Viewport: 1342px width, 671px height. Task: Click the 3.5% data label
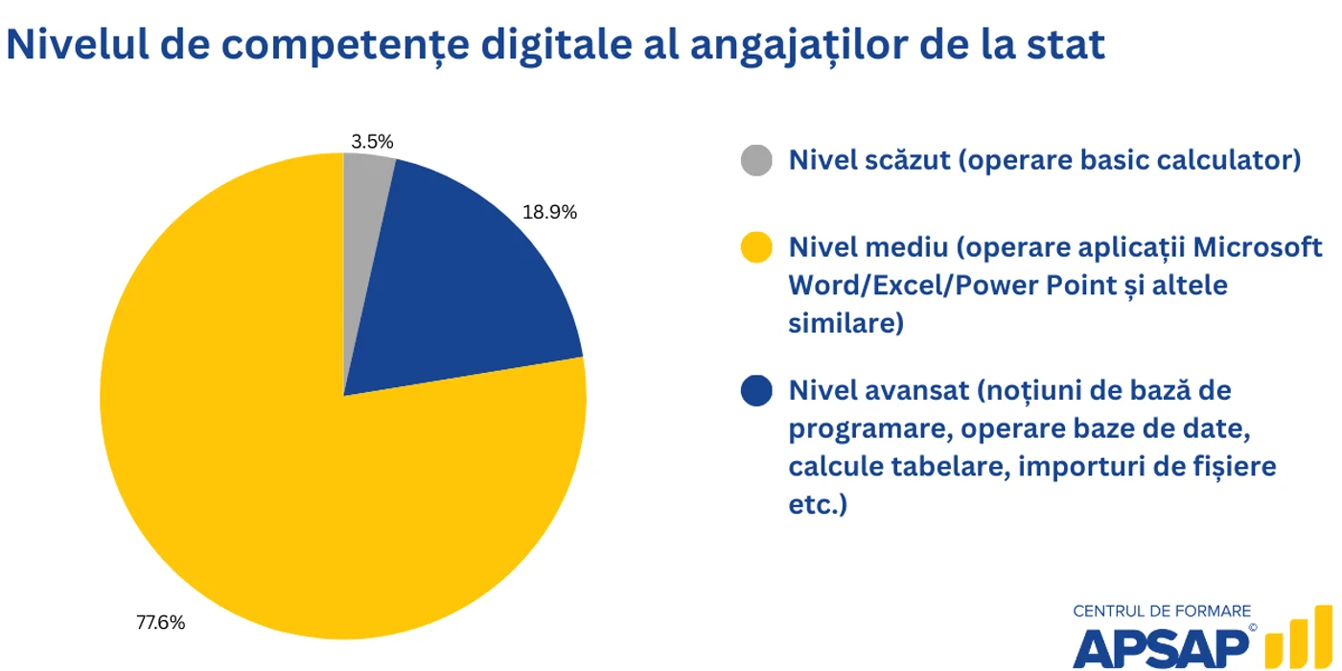click(372, 142)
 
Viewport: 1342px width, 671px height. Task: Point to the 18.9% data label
click(549, 212)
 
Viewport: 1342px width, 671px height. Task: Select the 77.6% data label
click(161, 622)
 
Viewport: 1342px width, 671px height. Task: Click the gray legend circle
click(756, 160)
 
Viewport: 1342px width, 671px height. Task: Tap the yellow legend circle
click(756, 247)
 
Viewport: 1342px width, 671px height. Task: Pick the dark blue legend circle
click(756, 391)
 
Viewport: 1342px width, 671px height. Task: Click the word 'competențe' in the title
click(345, 46)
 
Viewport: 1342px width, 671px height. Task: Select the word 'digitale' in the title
click(557, 45)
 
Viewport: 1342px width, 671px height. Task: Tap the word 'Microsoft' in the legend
click(1258, 247)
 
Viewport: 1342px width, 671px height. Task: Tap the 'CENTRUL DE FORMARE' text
click(1162, 612)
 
